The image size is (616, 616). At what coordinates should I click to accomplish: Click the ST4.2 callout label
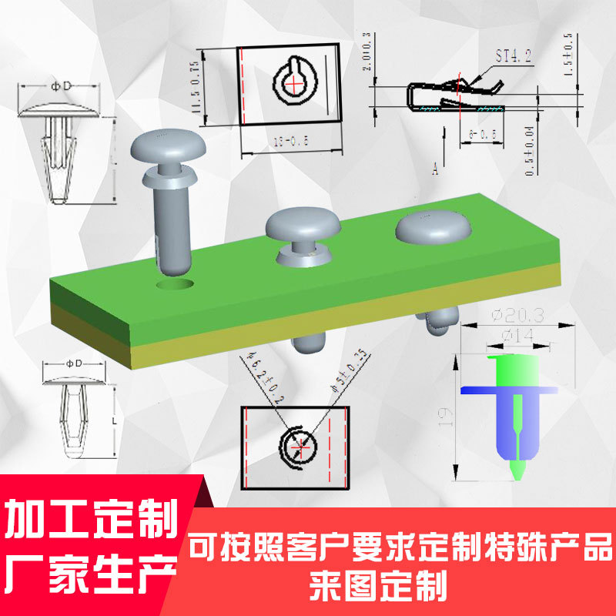point(513,56)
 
